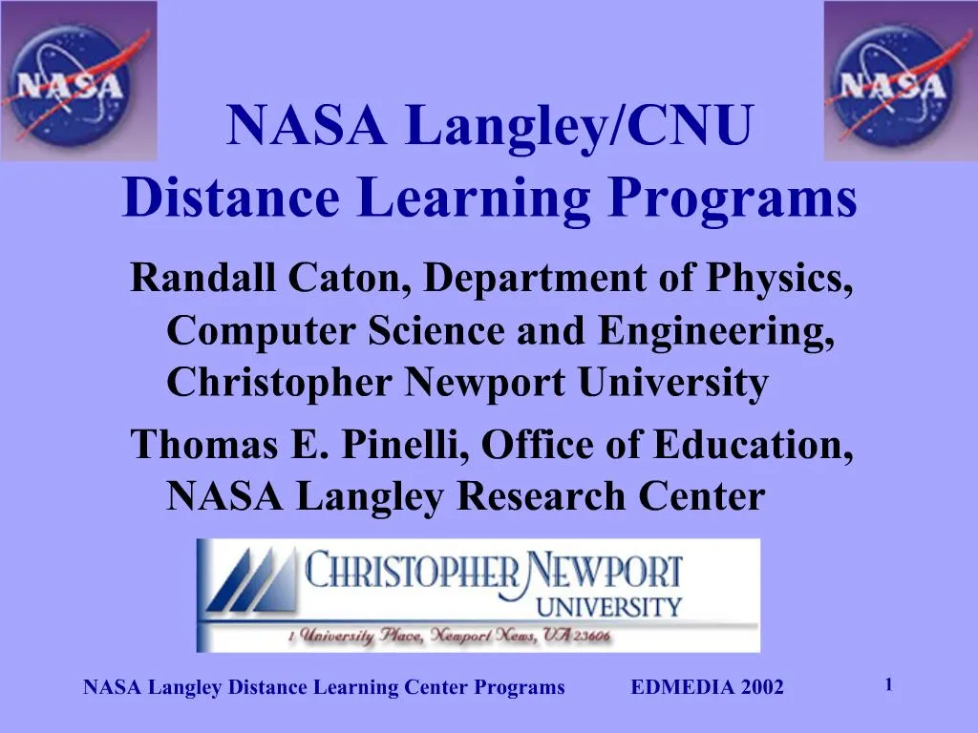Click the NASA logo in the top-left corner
78,81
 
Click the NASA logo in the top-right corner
901,81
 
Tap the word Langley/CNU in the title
580,126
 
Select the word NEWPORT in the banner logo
604,573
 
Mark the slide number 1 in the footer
888,683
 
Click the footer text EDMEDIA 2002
708,687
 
